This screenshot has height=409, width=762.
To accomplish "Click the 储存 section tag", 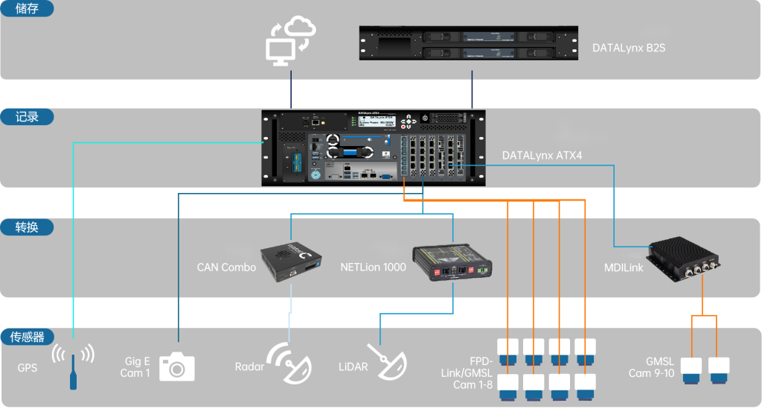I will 26,10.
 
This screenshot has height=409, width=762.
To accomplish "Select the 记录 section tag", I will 26,117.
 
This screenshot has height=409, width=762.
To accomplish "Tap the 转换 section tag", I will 26,227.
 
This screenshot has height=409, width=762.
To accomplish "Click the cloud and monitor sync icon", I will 291,42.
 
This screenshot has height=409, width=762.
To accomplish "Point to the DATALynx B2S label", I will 629,48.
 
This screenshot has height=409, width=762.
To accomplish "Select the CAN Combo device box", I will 291,260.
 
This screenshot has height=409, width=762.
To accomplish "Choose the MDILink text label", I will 621,267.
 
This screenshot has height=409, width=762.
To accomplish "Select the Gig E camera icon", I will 177,366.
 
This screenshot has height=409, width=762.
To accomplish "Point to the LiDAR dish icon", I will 386,362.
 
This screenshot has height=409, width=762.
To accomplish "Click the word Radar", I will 249,367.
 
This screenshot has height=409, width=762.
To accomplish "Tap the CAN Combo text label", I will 226,267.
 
